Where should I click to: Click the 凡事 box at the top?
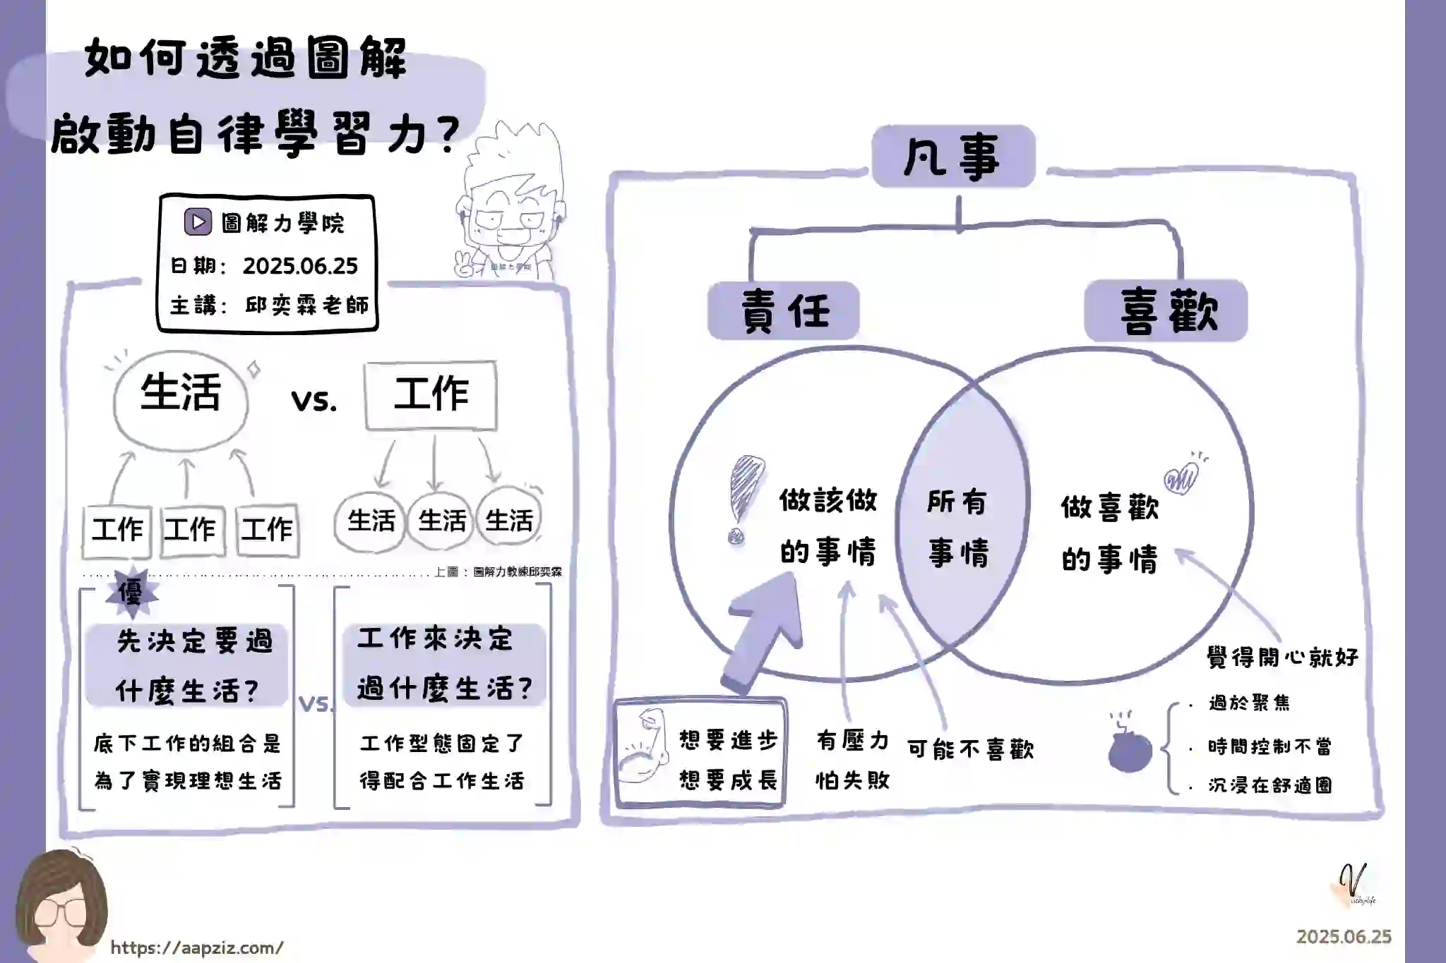click(953, 157)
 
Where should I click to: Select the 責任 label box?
click(784, 311)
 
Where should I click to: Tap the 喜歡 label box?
click(1166, 311)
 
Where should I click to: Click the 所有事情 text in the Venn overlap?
click(958, 527)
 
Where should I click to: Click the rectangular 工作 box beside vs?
click(431, 395)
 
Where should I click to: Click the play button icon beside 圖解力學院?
click(198, 222)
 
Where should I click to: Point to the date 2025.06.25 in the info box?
click(300, 266)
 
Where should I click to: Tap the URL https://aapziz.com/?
click(197, 947)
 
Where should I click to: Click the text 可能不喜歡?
click(970, 749)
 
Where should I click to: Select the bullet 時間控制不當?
click(1269, 746)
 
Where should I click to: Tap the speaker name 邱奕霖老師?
click(307, 305)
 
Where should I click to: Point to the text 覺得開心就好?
click(1282, 658)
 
